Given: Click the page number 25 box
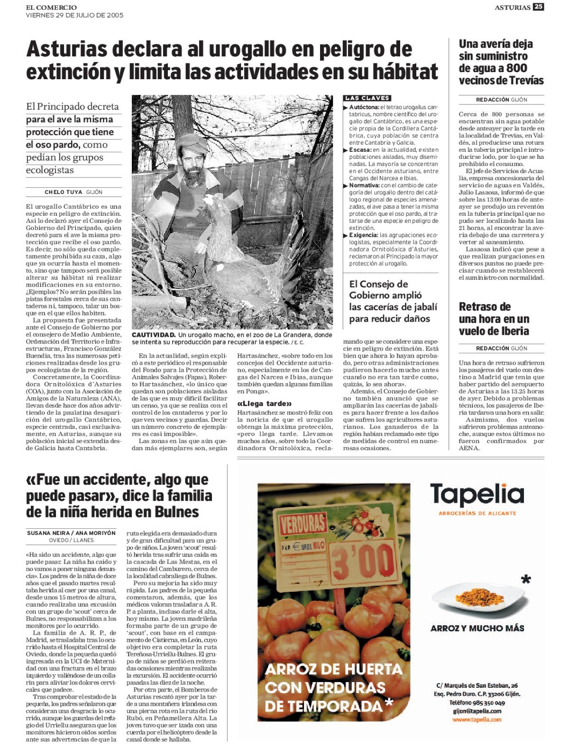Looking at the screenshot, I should point(538,7).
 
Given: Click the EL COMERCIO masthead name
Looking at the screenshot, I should point(51,7).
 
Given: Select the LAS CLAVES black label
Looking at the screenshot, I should point(367,98).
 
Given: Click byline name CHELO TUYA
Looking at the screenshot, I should point(64,192).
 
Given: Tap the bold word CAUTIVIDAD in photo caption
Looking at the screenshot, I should point(154,335).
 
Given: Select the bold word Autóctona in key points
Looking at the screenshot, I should point(364,107).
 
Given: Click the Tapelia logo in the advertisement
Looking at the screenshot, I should point(477,495).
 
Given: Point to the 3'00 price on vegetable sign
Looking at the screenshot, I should point(363,562).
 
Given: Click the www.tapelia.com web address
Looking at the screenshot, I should point(477,719).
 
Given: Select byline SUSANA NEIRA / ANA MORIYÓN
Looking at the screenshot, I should point(71,533).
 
